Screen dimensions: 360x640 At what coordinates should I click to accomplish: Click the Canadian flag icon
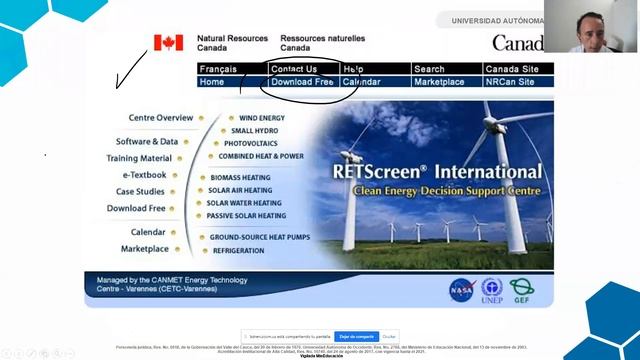click(x=168, y=42)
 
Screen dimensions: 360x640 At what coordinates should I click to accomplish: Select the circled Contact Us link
click(x=293, y=69)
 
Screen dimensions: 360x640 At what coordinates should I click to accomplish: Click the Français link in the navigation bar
click(x=218, y=69)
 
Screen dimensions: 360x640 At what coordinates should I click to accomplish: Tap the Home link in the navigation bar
click(x=211, y=82)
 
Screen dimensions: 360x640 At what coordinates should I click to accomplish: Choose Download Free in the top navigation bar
click(x=301, y=82)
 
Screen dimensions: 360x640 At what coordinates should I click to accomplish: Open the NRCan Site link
click(x=511, y=82)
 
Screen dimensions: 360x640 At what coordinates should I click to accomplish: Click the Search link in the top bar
click(x=429, y=69)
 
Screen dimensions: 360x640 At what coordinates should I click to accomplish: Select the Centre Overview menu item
click(x=161, y=118)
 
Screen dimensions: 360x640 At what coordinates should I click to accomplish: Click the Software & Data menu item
click(x=147, y=142)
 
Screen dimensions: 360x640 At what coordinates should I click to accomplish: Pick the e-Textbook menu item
click(x=145, y=175)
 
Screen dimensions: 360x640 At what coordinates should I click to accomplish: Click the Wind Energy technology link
click(x=261, y=118)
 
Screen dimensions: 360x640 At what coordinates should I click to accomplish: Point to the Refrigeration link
click(x=238, y=251)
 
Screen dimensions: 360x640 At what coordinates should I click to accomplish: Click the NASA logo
click(x=461, y=288)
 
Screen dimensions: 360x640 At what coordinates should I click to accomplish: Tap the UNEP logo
click(x=492, y=288)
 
